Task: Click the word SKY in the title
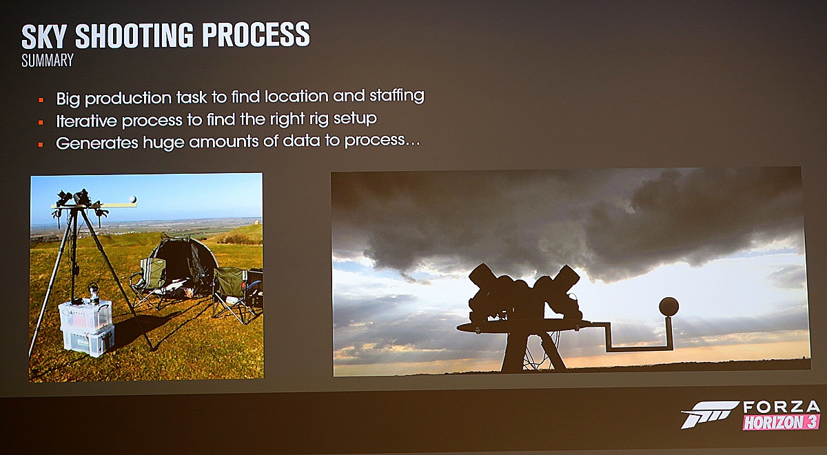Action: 44,37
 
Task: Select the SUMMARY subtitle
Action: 48,60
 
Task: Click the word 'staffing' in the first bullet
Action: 397,96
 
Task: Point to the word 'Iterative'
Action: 86,121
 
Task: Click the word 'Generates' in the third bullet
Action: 97,143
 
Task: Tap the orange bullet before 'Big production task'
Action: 41,100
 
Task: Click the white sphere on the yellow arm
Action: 132,199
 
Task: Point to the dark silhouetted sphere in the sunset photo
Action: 668,307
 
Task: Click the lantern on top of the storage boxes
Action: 94,293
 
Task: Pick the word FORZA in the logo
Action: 781,407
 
